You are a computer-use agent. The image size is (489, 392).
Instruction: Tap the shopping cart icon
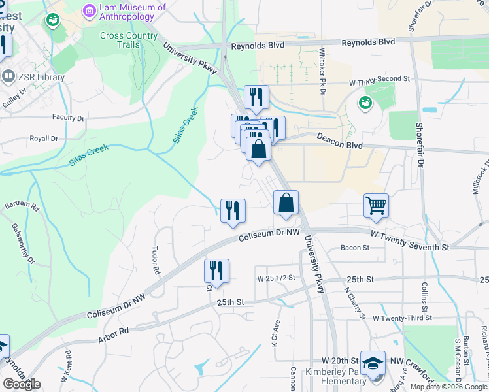[x=377, y=206]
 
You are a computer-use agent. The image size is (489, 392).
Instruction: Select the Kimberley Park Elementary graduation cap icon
[x=373, y=363]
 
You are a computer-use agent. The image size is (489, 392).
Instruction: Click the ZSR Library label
[x=42, y=77]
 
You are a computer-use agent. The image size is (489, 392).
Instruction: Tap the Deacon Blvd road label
[x=339, y=138]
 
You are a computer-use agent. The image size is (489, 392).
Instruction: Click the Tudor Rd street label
[x=156, y=260]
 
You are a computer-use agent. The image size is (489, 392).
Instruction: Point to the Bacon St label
[x=356, y=248]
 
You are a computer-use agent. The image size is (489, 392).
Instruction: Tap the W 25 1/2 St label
[x=277, y=278]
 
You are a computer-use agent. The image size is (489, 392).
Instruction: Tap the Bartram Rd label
[x=22, y=205]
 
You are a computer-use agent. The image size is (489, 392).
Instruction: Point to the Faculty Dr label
[x=69, y=118]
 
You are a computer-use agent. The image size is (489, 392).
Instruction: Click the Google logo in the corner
[x=22, y=384]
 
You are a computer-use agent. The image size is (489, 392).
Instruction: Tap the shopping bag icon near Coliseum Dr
[x=286, y=203]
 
